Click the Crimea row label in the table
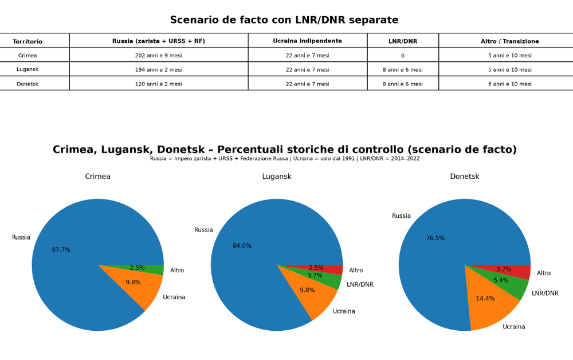click(x=28, y=56)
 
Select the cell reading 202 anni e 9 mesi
click(x=158, y=56)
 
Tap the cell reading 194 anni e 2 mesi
click(x=158, y=70)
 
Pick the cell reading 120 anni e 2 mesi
click(x=158, y=84)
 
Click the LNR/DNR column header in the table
click(x=402, y=41)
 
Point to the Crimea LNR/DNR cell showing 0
click(x=402, y=56)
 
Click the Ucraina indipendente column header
click(x=307, y=41)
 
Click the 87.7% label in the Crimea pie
click(x=61, y=250)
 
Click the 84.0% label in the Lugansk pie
click(x=242, y=246)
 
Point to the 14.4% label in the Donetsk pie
click(x=485, y=299)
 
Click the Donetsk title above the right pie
click(x=464, y=177)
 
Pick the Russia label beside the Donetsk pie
click(x=401, y=216)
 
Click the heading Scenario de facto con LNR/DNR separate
click(x=284, y=20)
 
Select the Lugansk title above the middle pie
click(x=277, y=177)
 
